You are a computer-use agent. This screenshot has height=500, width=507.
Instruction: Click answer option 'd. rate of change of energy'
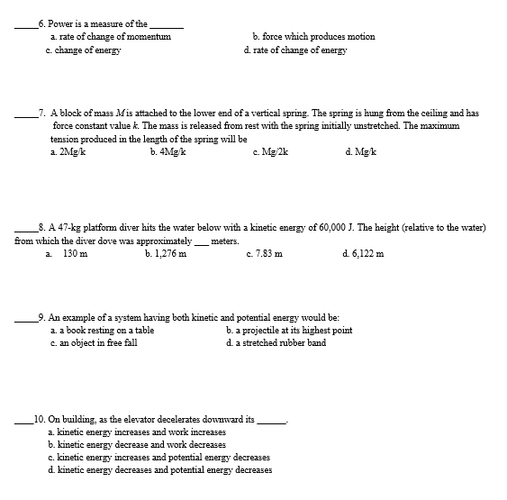294,50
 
